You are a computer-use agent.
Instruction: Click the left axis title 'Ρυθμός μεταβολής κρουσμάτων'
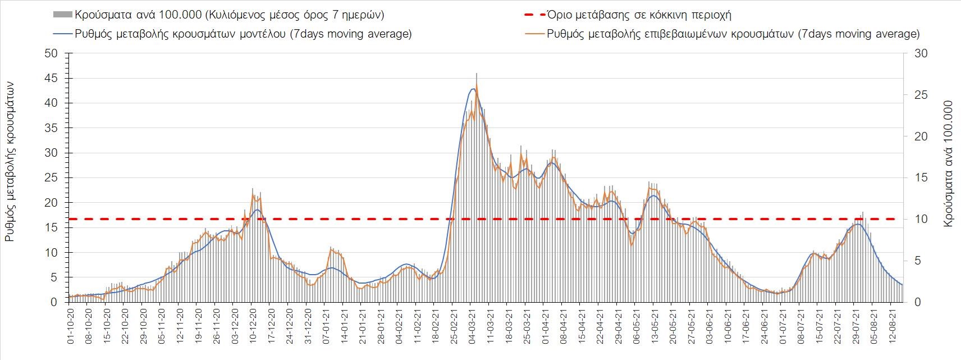[10, 161]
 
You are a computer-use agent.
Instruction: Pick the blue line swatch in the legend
[62, 34]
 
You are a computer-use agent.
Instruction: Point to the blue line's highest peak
[473, 89]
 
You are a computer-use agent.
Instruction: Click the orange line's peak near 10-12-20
[253, 195]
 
